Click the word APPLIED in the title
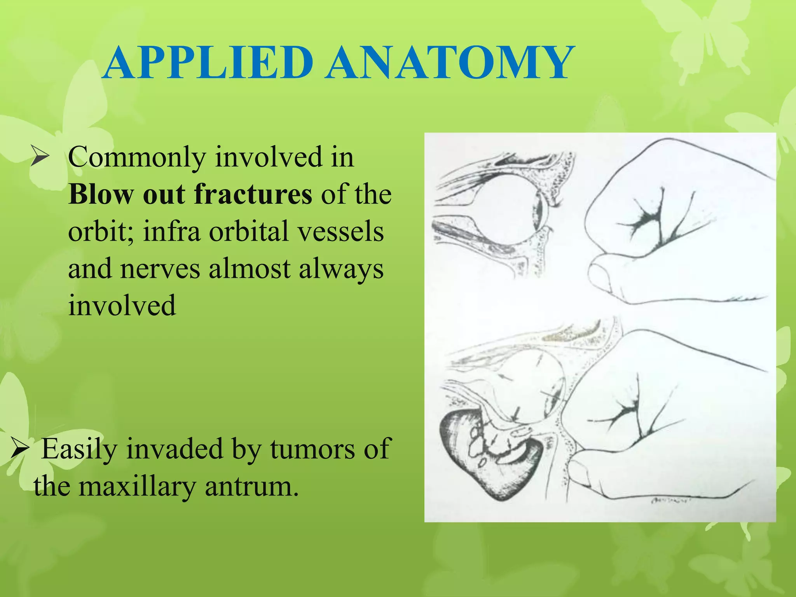pos(208,63)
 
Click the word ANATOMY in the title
pos(449,63)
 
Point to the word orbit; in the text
pos(101,232)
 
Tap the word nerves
pos(160,269)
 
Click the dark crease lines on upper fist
pos(657,222)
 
